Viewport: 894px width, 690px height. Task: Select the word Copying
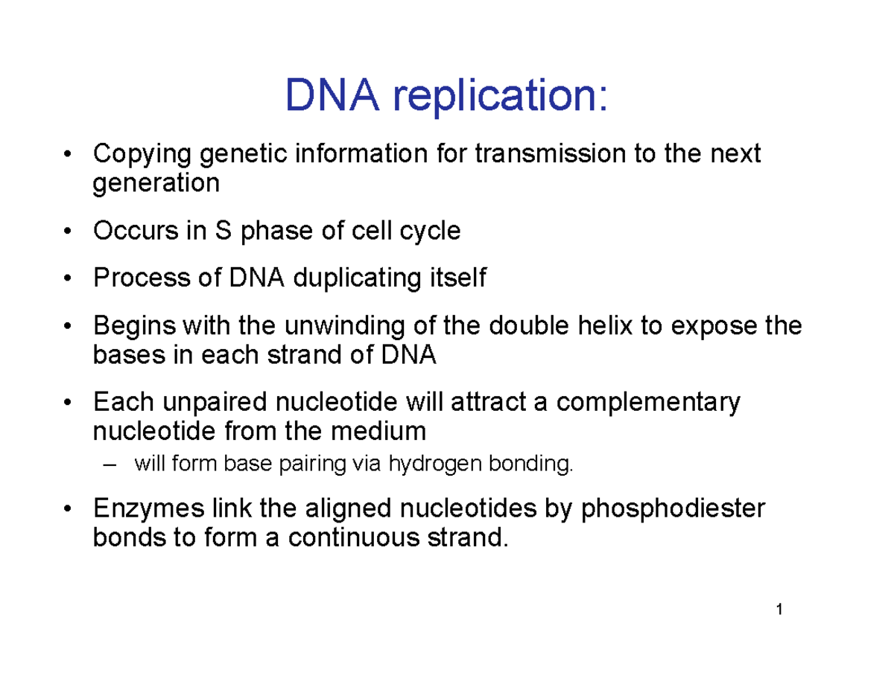point(141,156)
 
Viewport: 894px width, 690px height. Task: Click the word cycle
point(427,232)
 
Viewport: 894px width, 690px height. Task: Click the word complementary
point(648,403)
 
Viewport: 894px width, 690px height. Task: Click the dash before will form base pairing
point(112,466)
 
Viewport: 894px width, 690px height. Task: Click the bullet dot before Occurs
point(69,232)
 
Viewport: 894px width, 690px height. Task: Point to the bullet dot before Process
point(69,279)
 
